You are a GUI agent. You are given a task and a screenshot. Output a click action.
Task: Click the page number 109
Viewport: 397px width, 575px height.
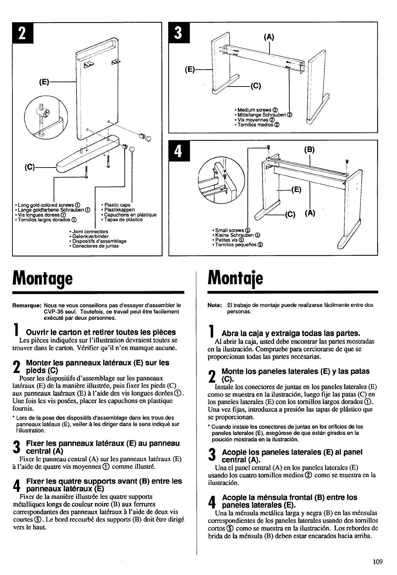(377, 562)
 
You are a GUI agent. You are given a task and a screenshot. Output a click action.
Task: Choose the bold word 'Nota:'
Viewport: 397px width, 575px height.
(214, 305)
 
